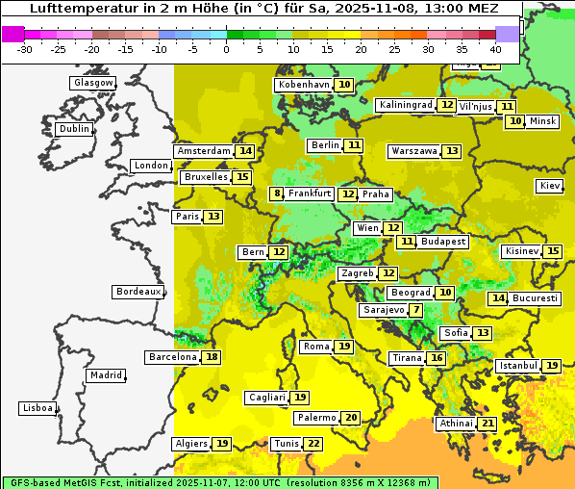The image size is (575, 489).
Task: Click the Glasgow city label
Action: pos(92,83)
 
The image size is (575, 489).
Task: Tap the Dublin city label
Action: pos(74,129)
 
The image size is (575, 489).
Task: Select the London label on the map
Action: pos(151,166)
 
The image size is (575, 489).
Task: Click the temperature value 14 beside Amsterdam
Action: pos(245,151)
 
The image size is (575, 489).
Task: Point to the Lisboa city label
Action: pos(37,408)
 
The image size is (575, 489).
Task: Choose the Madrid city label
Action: pos(106,375)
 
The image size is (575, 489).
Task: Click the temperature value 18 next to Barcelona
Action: pos(212,357)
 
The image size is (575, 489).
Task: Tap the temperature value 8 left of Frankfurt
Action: pos(277,193)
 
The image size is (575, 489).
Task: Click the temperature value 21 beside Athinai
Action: pos(487,424)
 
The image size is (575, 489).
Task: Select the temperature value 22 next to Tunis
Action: pos(312,444)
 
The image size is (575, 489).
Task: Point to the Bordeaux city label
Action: pos(138,292)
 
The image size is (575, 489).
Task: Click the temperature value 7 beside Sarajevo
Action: pos(414,310)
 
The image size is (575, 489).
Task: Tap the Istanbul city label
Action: pos(518,366)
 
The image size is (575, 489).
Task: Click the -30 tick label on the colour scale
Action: pos(25,49)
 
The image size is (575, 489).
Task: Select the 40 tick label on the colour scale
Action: pos(495,49)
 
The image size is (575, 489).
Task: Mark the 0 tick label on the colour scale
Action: pos(226,49)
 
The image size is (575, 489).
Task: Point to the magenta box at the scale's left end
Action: pos(12,34)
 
